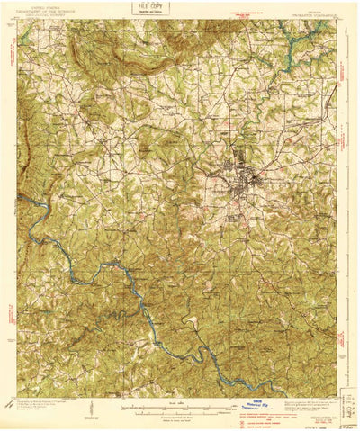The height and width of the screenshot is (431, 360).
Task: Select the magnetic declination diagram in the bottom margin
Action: [x=88, y=409]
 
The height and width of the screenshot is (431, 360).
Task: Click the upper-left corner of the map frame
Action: [x=18, y=22]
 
